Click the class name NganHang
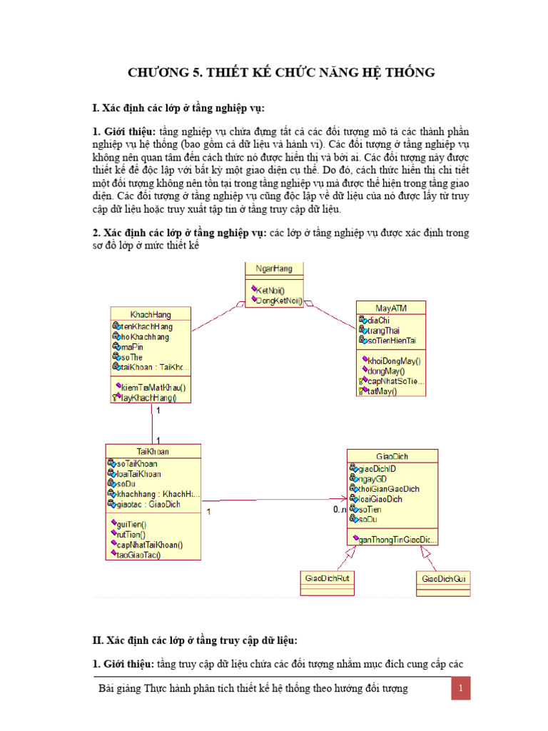274,268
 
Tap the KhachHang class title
151,313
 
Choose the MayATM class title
391,308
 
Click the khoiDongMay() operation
393,361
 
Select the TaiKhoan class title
153,451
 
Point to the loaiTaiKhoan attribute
138,473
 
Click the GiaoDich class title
392,455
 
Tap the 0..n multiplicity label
340,510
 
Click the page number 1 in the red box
461,689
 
